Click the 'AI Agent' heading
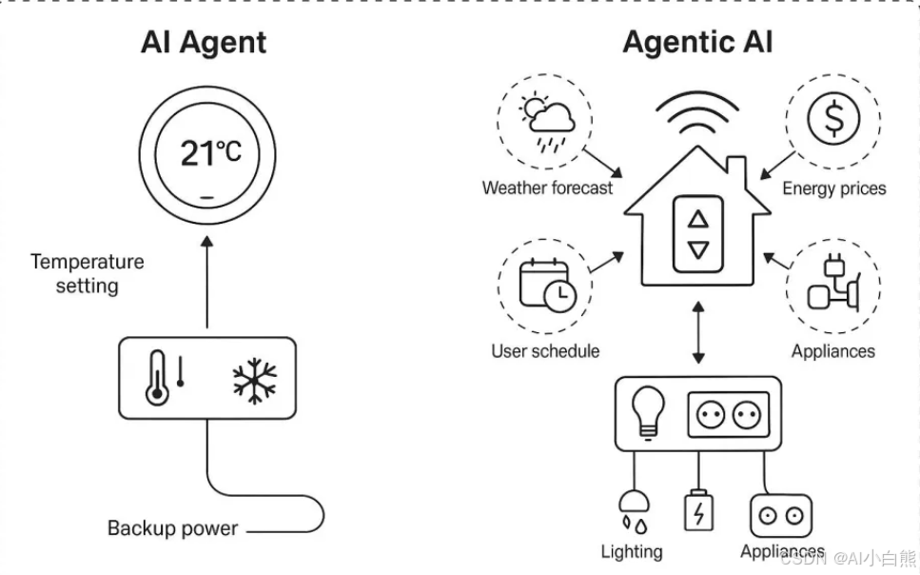tap(204, 43)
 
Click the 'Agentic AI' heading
tap(697, 43)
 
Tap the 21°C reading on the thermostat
tap(210, 151)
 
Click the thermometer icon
tap(158, 380)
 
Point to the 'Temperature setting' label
tap(87, 273)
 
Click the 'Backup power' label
tap(172, 528)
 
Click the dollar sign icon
tap(832, 121)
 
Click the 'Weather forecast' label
tap(547, 188)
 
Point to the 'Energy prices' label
tap(833, 188)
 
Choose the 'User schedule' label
tap(545, 351)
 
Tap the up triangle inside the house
tap(699, 219)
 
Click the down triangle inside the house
tap(699, 250)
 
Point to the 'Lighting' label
tap(632, 551)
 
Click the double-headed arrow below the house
tap(699, 332)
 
